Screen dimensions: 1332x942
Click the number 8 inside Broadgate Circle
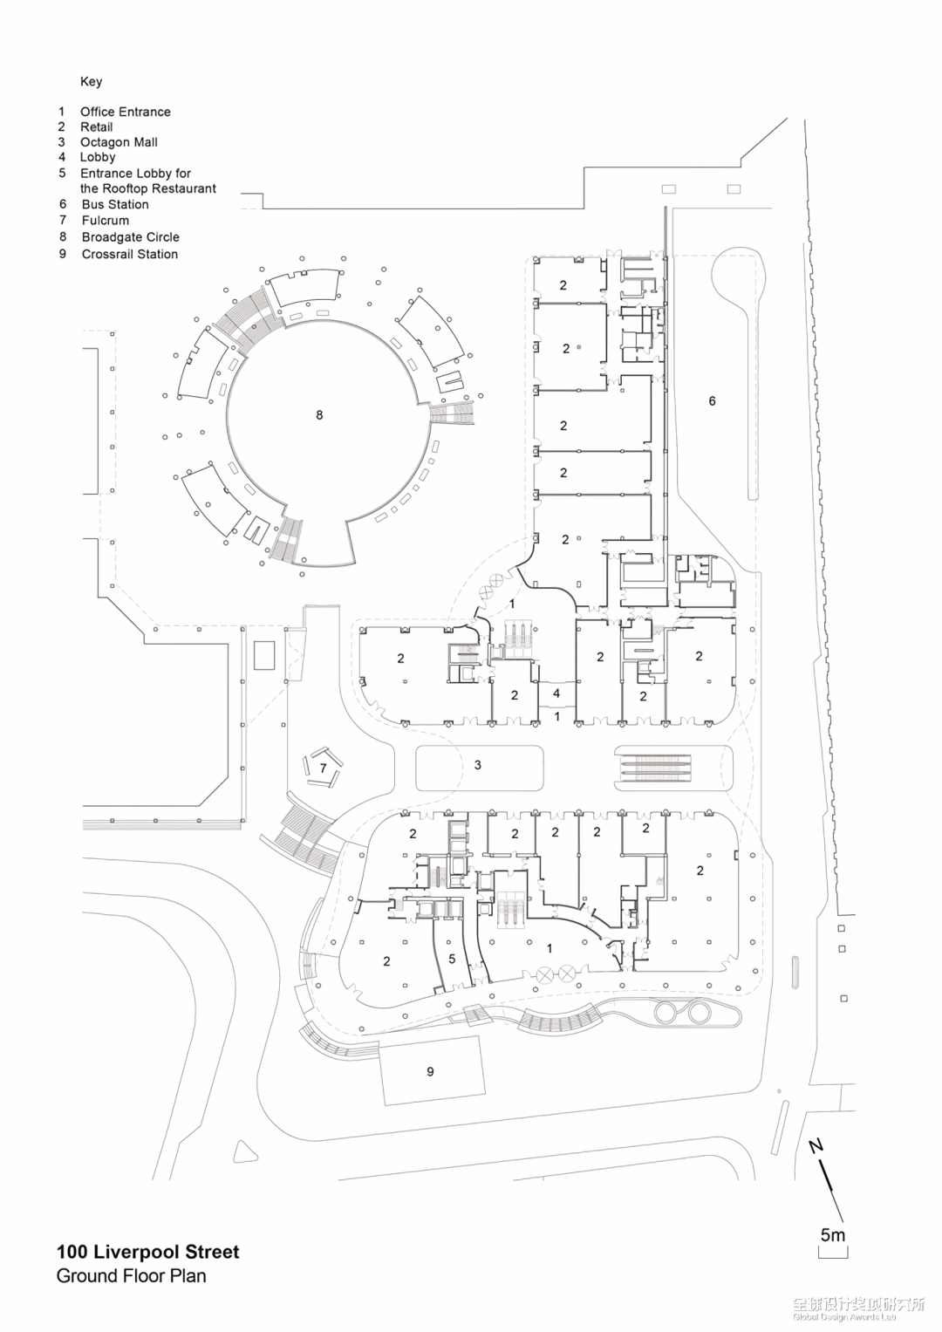click(319, 415)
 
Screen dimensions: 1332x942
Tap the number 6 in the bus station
click(712, 401)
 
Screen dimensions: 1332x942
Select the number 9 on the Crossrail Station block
click(430, 1071)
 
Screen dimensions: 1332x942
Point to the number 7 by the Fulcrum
click(323, 768)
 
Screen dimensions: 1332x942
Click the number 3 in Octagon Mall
click(477, 765)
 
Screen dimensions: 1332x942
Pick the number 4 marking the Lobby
click(556, 694)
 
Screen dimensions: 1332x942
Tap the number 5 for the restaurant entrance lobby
click(452, 959)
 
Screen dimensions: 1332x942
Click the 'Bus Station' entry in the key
click(115, 204)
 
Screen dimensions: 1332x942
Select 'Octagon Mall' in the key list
click(119, 142)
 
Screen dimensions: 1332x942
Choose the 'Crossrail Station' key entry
click(129, 254)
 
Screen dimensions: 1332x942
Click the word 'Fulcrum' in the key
click(105, 220)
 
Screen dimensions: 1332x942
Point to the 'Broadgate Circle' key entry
click(130, 237)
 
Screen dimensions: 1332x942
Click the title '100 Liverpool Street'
click(147, 1252)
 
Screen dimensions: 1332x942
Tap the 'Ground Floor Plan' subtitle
click(131, 1276)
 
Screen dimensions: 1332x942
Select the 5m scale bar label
click(833, 1235)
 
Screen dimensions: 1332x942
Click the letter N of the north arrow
click(816, 1146)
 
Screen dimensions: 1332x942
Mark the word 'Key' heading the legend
click(91, 81)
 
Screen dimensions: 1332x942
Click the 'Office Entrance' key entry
click(125, 112)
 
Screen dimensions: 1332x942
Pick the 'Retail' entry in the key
click(96, 126)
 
